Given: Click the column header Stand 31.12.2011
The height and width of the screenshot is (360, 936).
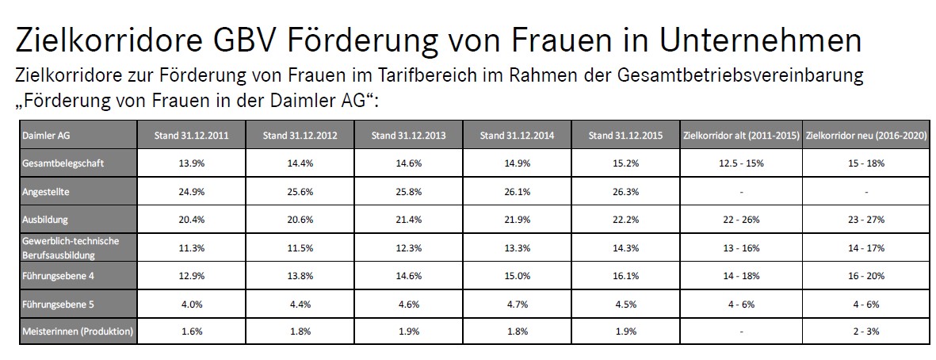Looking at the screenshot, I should tap(191, 136).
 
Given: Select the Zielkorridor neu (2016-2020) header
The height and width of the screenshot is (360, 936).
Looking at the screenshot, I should tap(865, 136).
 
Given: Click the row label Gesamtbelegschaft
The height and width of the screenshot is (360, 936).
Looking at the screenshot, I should tap(55, 163).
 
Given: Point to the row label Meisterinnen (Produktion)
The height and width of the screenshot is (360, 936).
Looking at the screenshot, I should tap(78, 331).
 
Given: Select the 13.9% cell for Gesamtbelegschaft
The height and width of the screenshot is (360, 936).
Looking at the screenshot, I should tap(191, 163).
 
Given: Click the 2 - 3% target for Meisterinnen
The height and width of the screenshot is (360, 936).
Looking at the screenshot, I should tap(865, 331).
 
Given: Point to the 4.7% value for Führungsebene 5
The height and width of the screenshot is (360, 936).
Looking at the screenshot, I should tap(516, 302).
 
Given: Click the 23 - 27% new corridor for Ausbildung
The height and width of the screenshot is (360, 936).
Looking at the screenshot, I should tap(865, 218).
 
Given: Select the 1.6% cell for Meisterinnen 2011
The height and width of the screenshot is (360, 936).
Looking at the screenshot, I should tap(191, 331).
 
